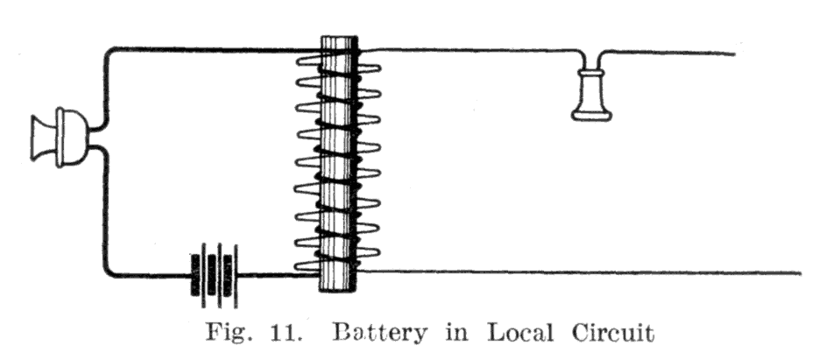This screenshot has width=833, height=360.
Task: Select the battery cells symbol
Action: pos(214,275)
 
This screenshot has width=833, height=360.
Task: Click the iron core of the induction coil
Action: pos(339,164)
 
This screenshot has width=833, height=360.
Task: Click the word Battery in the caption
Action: pos(380,334)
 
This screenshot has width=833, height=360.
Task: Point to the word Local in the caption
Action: pos(520,333)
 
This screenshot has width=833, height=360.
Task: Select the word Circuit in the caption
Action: pos(613,333)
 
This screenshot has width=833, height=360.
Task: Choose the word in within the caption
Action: pos(457,333)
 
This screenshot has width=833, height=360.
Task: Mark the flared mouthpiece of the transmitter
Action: pos(43,138)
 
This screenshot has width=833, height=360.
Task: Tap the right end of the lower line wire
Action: pos(800,273)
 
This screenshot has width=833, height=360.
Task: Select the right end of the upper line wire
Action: pos(734,53)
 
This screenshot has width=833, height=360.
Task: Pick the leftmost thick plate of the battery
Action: pos(195,275)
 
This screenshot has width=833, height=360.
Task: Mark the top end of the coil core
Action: pos(339,37)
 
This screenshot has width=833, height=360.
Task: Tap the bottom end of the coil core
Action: pos(339,291)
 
